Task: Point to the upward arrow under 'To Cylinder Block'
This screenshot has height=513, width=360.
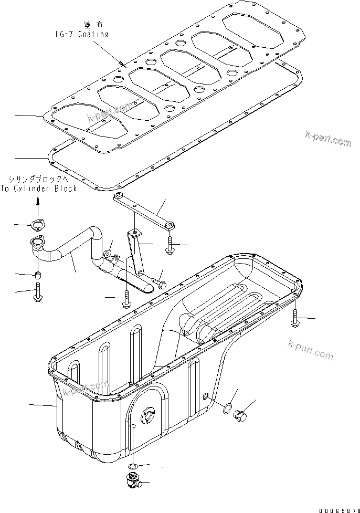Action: point(38,201)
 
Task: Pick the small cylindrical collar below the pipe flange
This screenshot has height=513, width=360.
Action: point(38,275)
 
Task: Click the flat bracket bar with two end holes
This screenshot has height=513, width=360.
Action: point(142,210)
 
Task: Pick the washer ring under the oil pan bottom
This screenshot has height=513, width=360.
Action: point(134,466)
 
